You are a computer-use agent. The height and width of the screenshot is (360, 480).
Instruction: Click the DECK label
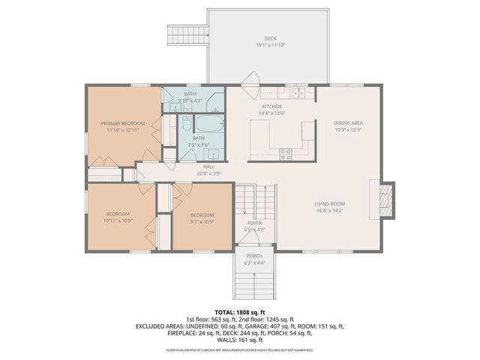pos(270,38)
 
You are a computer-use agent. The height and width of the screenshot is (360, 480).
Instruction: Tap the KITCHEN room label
pos(271,107)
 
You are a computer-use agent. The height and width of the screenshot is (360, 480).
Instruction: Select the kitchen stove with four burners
pos(286,154)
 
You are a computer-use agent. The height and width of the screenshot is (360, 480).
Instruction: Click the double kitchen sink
pos(299,94)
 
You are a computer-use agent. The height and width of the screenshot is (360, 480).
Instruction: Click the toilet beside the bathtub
pos(186,123)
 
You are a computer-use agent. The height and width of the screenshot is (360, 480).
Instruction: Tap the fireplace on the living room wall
pos(385,200)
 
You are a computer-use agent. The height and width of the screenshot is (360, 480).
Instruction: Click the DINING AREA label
pos(348,123)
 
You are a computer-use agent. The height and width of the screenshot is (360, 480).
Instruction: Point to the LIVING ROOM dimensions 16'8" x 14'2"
pos(329,210)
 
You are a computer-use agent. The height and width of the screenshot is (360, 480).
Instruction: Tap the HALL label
pos(208,167)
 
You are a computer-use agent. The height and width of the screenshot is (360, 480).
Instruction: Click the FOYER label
pos(255,223)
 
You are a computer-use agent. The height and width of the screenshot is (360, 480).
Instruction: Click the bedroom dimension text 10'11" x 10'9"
pos(118,220)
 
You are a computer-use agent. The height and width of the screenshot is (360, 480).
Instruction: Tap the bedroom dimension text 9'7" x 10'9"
pos(202,220)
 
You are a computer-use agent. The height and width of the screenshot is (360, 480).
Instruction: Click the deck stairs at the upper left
pos(185,35)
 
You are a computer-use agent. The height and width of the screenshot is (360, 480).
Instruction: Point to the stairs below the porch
pos(255,283)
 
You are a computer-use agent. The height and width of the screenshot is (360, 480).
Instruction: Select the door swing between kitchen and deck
pos(252,79)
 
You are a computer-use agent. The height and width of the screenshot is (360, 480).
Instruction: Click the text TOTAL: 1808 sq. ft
pos(240,311)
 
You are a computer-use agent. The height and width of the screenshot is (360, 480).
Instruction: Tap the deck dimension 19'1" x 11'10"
pos(270,45)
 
